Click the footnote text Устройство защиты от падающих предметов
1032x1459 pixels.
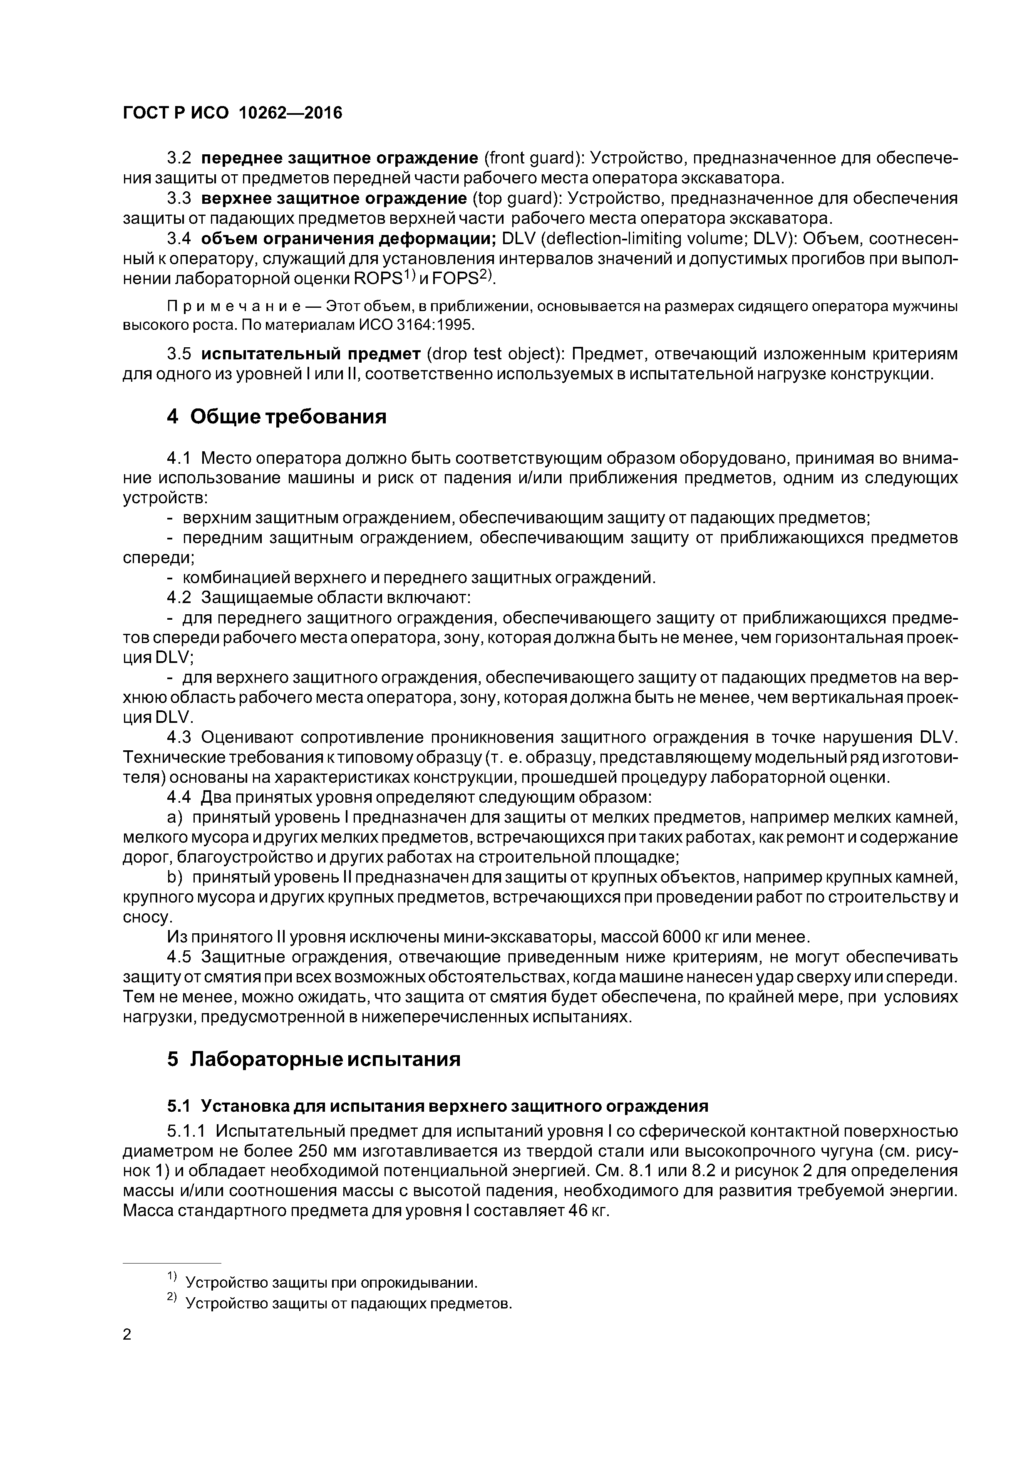pyautogui.click(x=348, y=1304)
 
